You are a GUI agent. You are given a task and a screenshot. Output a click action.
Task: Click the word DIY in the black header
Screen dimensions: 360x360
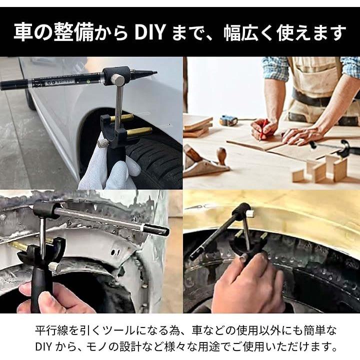coord(150,32)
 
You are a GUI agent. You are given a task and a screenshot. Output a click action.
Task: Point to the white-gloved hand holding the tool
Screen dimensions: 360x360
coord(108,165)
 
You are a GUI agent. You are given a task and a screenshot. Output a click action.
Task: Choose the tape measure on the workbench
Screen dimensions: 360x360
coord(228,120)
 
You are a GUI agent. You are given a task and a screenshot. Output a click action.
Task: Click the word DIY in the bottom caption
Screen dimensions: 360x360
coord(43,346)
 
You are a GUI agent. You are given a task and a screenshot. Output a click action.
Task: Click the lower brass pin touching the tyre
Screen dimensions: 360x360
coord(139,132)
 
